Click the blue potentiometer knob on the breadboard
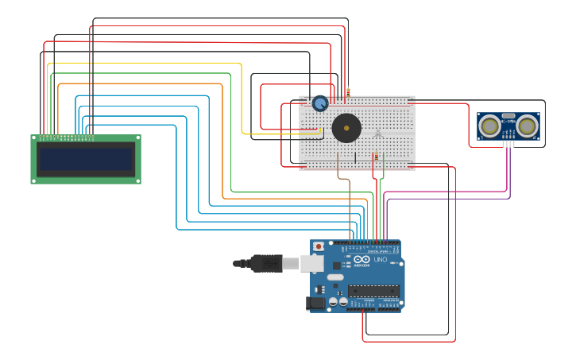[320, 103]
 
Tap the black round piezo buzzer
[346, 128]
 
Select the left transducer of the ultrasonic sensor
[490, 125]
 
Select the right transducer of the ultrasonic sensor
[527, 125]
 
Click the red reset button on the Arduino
[319, 246]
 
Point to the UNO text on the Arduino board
[381, 260]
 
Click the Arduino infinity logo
[362, 260]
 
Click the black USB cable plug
[266, 263]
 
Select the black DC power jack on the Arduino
[315, 303]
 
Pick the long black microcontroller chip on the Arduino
[373, 291]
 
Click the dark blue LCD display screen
[86, 159]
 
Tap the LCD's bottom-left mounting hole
[34, 180]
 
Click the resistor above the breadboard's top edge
[347, 93]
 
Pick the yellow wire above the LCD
[143, 63]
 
